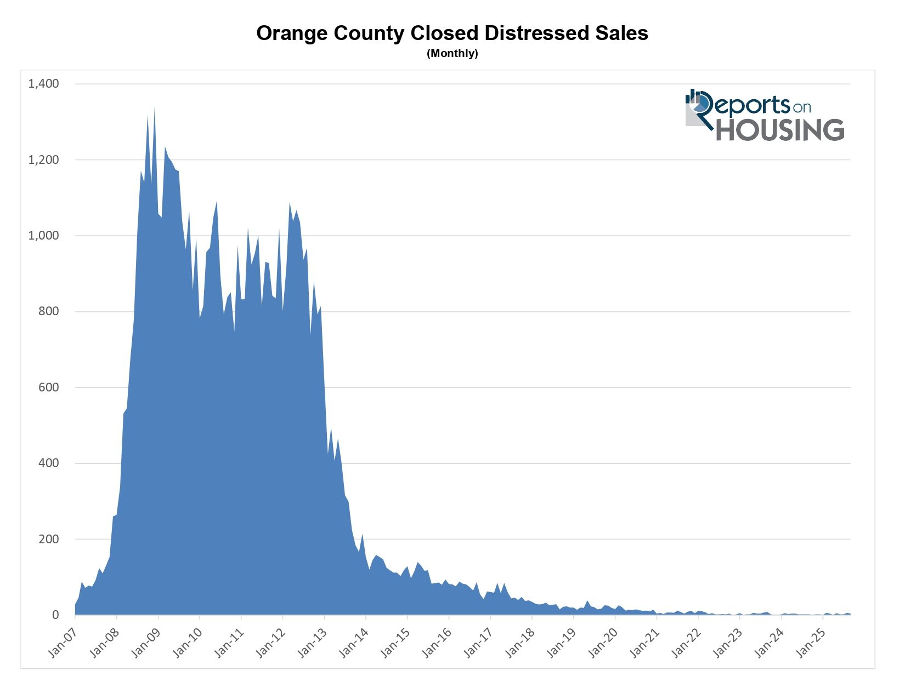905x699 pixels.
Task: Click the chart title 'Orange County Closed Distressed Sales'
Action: [452, 33]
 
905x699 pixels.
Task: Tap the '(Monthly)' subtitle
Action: [452, 54]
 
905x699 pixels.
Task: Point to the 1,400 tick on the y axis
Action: [44, 84]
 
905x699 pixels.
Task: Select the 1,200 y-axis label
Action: [44, 160]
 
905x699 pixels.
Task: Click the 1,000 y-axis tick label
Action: [44, 236]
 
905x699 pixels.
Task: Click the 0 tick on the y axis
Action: [55, 615]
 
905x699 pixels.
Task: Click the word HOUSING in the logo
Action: [780, 130]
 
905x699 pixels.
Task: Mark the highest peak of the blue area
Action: [155, 107]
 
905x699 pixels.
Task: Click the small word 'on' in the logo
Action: [801, 107]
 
